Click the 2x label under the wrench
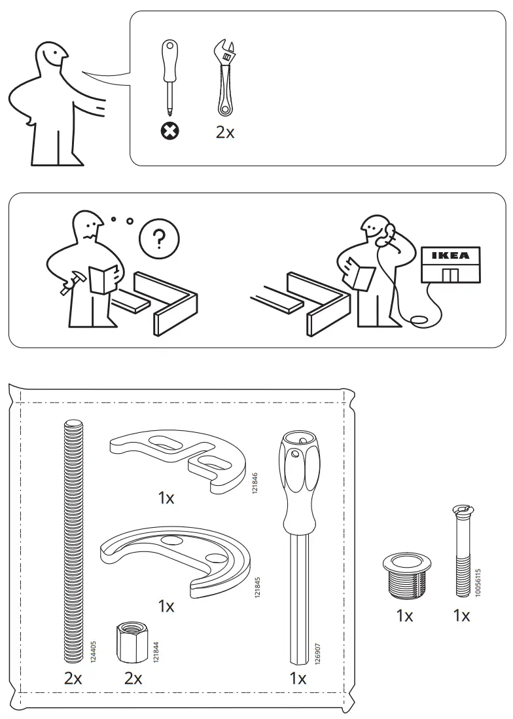[225, 132]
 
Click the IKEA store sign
[450, 255]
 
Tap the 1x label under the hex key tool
[298, 679]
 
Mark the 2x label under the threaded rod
[73, 679]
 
